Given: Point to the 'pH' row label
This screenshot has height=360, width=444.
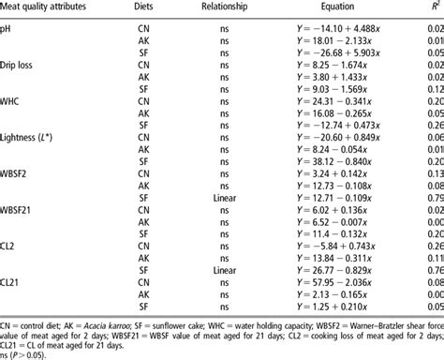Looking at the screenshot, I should point(7,31).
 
